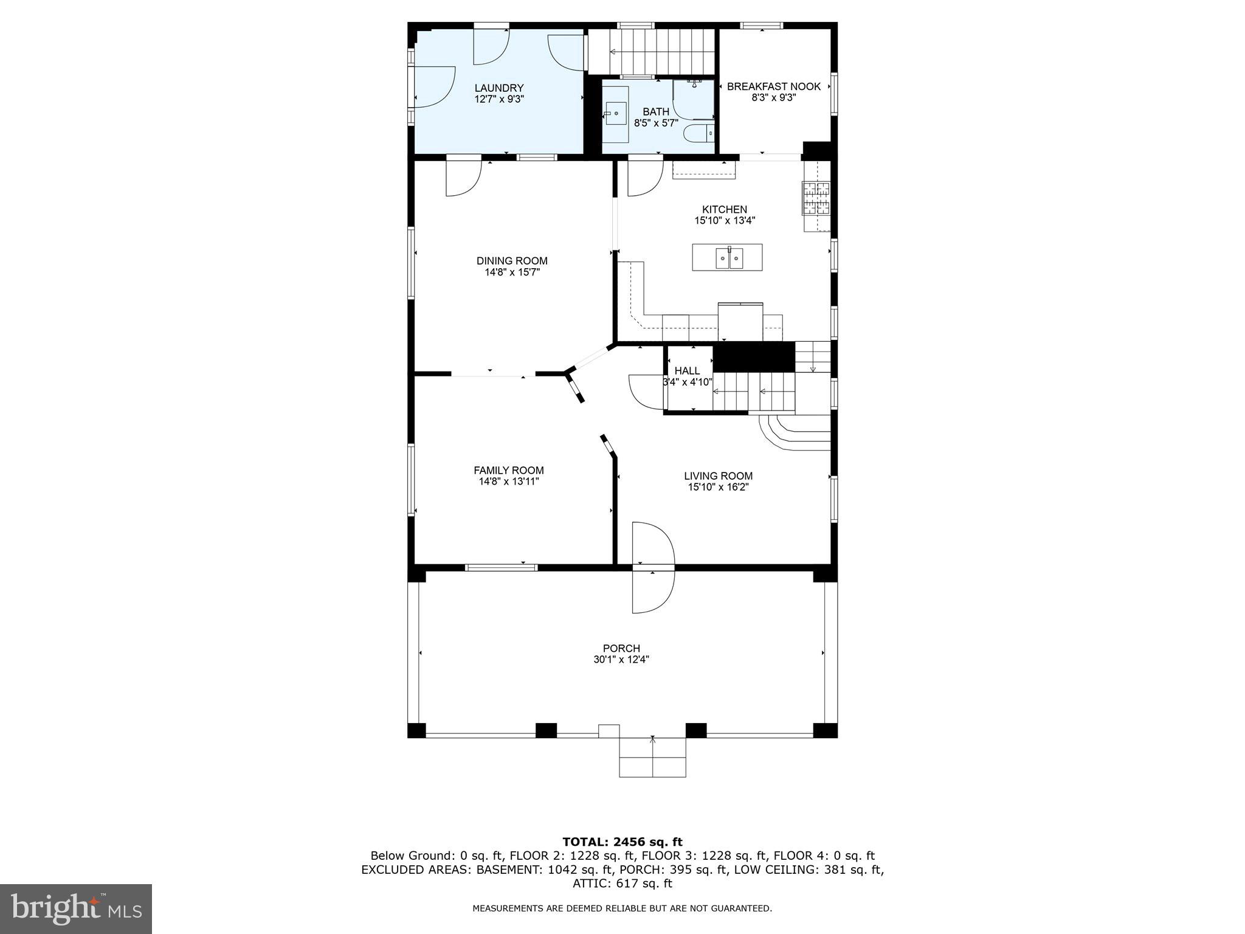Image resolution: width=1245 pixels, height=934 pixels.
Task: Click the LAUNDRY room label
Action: (498, 88)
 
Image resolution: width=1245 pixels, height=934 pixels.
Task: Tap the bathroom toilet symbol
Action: (698, 132)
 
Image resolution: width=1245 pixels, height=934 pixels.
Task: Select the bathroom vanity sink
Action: (616, 114)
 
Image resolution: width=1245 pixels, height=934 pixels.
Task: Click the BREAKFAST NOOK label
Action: (773, 87)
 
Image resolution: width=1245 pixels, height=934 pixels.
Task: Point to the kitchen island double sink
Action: (728, 258)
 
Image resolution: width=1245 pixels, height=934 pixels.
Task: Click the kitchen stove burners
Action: (816, 198)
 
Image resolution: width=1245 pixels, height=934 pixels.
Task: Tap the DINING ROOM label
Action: (512, 261)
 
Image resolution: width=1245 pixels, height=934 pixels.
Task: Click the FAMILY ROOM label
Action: (508, 470)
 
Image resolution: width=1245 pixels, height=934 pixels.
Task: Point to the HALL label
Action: (687, 371)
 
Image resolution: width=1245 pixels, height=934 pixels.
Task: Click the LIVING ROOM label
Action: (718, 476)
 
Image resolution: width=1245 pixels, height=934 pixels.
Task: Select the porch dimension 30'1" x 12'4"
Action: (621, 660)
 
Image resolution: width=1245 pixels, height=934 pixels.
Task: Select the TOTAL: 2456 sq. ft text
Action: (622, 842)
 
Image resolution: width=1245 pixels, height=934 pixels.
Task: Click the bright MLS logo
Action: (76, 908)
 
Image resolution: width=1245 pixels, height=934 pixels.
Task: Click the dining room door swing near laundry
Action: (463, 178)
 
